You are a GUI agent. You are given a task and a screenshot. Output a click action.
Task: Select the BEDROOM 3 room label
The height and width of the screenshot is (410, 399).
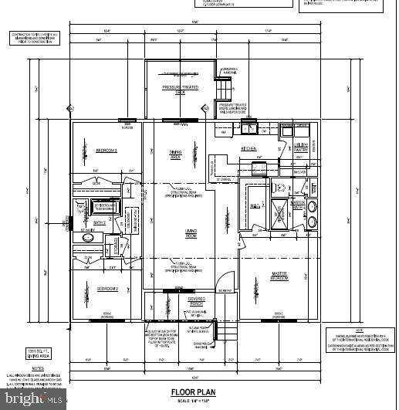pos(106,150)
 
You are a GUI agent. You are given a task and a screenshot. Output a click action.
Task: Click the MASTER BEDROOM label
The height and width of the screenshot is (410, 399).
pos(279,276)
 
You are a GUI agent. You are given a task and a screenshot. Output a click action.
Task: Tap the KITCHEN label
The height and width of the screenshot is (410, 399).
pos(249,148)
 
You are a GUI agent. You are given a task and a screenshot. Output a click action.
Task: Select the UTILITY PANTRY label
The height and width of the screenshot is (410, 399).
pos(301,147)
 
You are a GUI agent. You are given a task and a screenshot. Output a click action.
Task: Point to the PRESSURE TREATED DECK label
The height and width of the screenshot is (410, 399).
pos(180,90)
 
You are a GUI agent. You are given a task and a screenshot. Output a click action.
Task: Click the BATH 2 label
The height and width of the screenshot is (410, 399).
pos(100,221)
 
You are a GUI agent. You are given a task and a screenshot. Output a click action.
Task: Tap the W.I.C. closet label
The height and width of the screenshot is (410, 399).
pos(254,205)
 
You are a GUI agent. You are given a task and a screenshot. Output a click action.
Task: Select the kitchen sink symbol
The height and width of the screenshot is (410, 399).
pos(251,127)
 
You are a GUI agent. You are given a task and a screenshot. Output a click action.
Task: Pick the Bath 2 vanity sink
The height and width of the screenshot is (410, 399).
pos(87,239)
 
